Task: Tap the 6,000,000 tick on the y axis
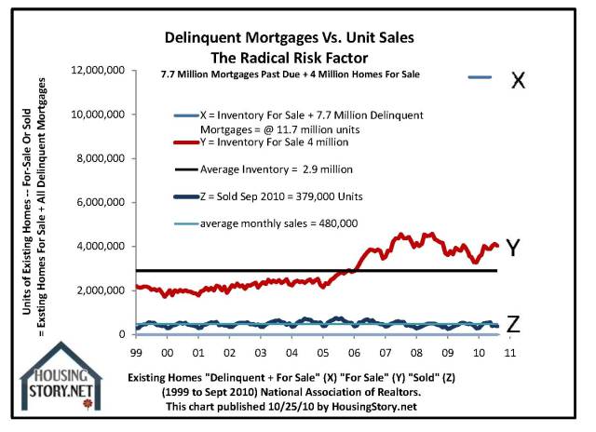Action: coord(99,203)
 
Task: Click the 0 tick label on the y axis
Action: coord(120,334)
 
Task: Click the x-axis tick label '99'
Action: coord(137,355)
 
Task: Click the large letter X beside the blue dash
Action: coord(519,81)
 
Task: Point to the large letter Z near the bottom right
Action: coord(513,325)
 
